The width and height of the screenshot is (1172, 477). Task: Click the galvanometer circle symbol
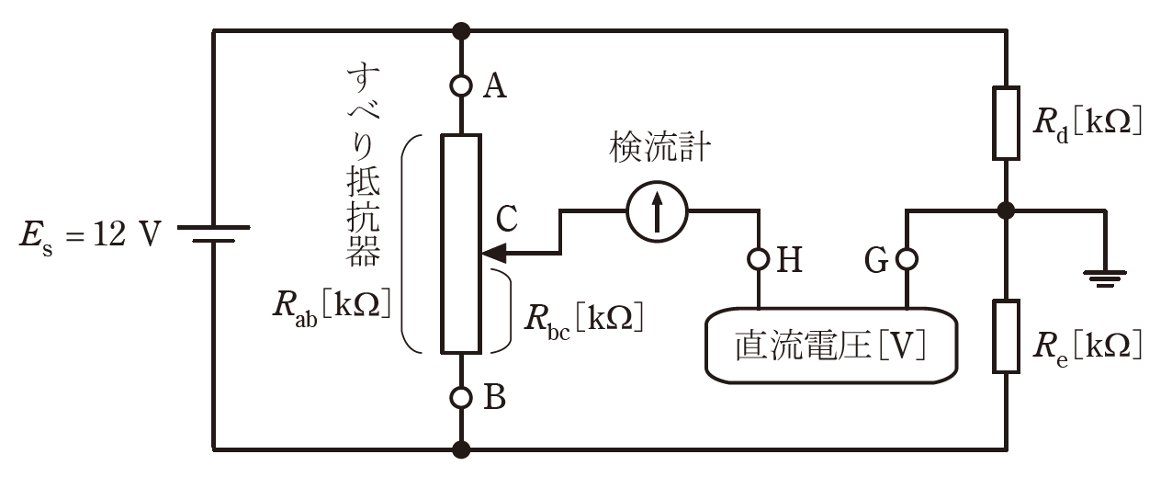(x=656, y=212)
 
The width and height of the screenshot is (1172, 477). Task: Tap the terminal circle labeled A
(x=461, y=85)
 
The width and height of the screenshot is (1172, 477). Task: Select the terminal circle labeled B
(x=461, y=398)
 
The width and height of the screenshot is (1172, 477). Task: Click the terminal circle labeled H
(x=759, y=260)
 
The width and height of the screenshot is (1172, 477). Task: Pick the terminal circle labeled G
(x=907, y=260)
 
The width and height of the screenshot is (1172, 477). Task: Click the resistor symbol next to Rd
(x=1006, y=123)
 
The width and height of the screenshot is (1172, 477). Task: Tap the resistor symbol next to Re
(x=1006, y=335)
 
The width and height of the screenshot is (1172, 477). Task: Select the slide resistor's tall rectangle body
(x=461, y=243)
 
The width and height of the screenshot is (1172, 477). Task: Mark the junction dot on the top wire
(x=461, y=30)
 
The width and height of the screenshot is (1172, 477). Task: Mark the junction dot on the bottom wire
(x=461, y=449)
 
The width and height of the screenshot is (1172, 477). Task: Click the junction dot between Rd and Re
(x=1006, y=210)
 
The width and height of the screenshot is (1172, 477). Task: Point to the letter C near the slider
(x=506, y=219)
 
